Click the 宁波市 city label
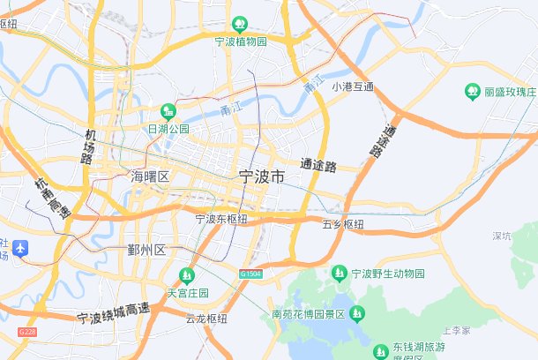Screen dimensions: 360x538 coord(261,177)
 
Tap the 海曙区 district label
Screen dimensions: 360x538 coord(150,177)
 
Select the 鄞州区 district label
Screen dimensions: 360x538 coord(146,250)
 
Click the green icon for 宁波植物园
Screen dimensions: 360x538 coord(239,24)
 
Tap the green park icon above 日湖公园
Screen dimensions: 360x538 coord(168,111)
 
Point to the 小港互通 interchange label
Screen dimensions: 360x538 coord(353,86)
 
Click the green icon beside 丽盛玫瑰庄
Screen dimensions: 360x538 coord(473,92)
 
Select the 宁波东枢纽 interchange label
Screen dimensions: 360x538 coord(220,219)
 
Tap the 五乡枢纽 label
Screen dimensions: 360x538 coord(343,225)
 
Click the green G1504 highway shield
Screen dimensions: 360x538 coord(250,274)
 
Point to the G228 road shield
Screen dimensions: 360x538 coord(26,332)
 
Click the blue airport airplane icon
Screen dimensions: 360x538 coord(20,250)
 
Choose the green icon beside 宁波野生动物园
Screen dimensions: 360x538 coord(340,274)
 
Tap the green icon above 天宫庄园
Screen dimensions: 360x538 coord(187,275)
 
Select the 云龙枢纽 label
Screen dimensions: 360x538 coord(206,318)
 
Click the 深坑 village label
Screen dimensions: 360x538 coord(502,236)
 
